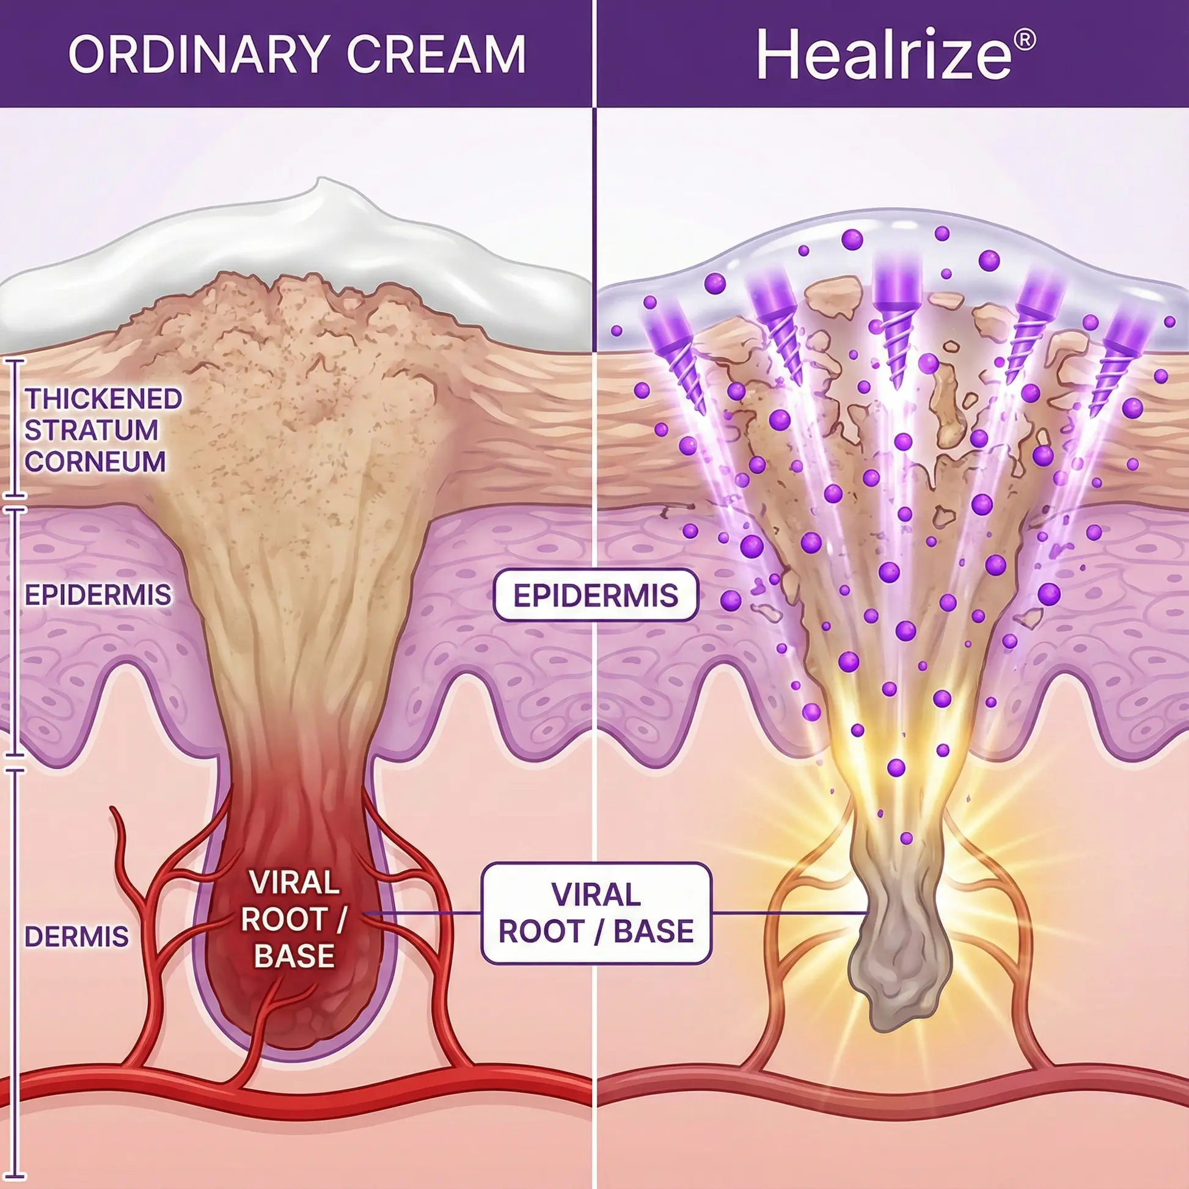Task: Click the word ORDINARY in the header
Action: click(198, 54)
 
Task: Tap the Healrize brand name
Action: click(883, 54)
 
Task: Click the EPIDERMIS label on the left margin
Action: click(98, 595)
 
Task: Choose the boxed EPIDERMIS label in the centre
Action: click(596, 595)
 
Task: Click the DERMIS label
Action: click(77, 937)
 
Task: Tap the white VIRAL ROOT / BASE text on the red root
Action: click(294, 920)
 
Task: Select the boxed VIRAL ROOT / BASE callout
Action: click(596, 913)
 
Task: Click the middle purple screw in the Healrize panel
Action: click(898, 320)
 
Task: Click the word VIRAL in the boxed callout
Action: click(596, 895)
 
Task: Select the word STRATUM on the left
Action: click(92, 430)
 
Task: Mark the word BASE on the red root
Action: click(294, 956)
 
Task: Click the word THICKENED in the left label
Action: click(103, 399)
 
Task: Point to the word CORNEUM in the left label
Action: click(95, 461)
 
